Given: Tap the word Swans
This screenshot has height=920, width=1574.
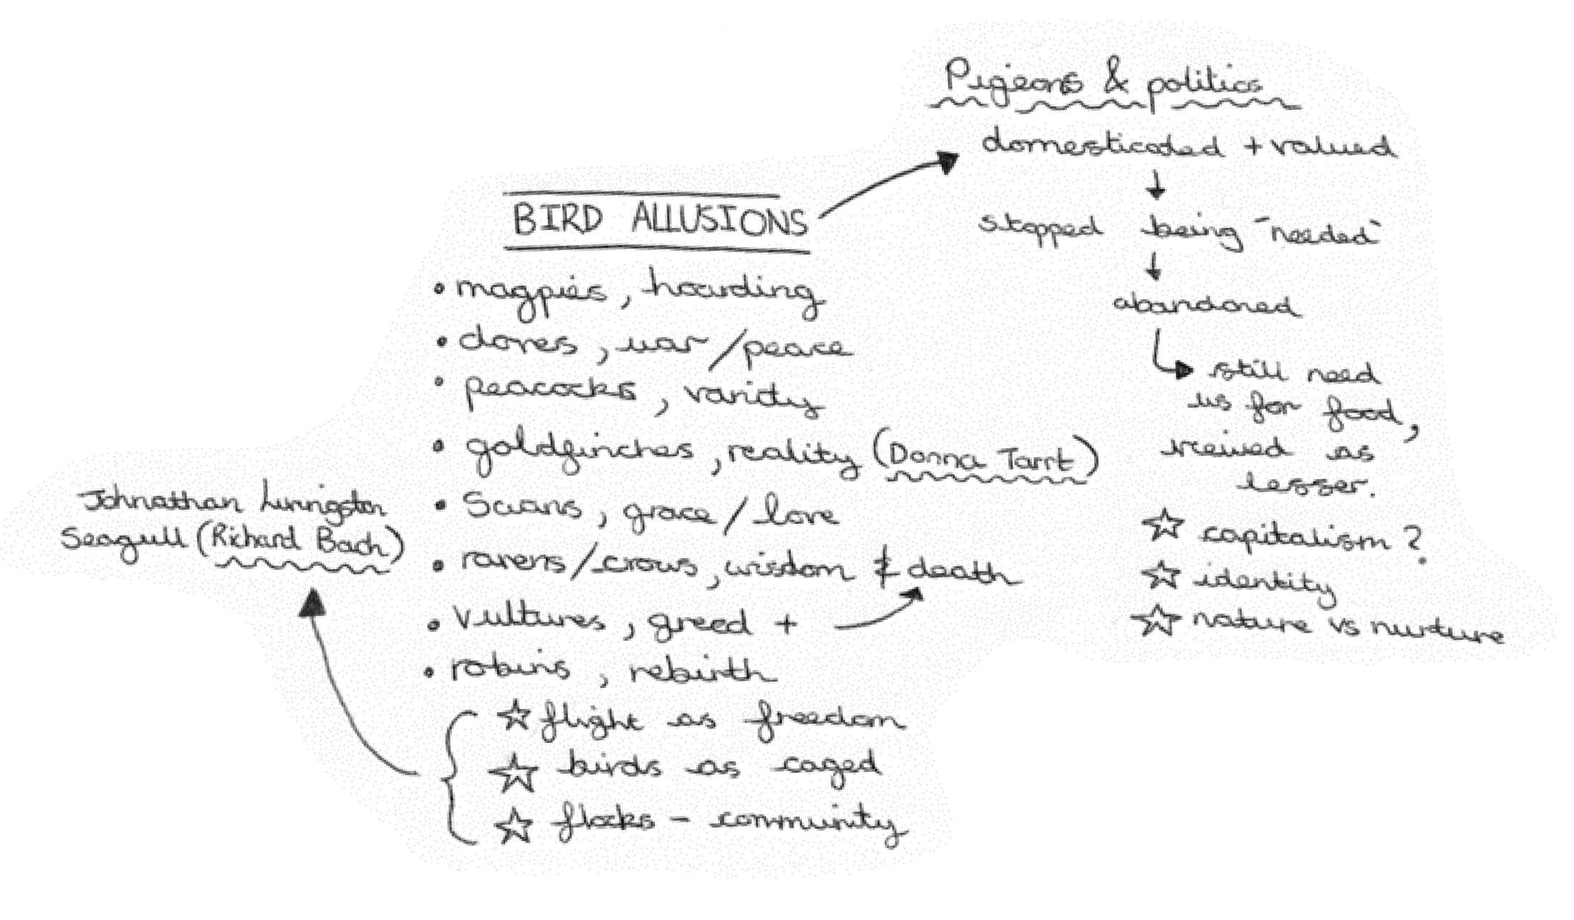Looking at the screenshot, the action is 522,507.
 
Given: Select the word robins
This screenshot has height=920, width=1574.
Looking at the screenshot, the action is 510,669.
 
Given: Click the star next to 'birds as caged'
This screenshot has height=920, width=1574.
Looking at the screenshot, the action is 514,772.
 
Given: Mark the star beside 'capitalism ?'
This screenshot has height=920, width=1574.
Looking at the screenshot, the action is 1163,525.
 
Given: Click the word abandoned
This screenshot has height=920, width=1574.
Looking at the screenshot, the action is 1205,305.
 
